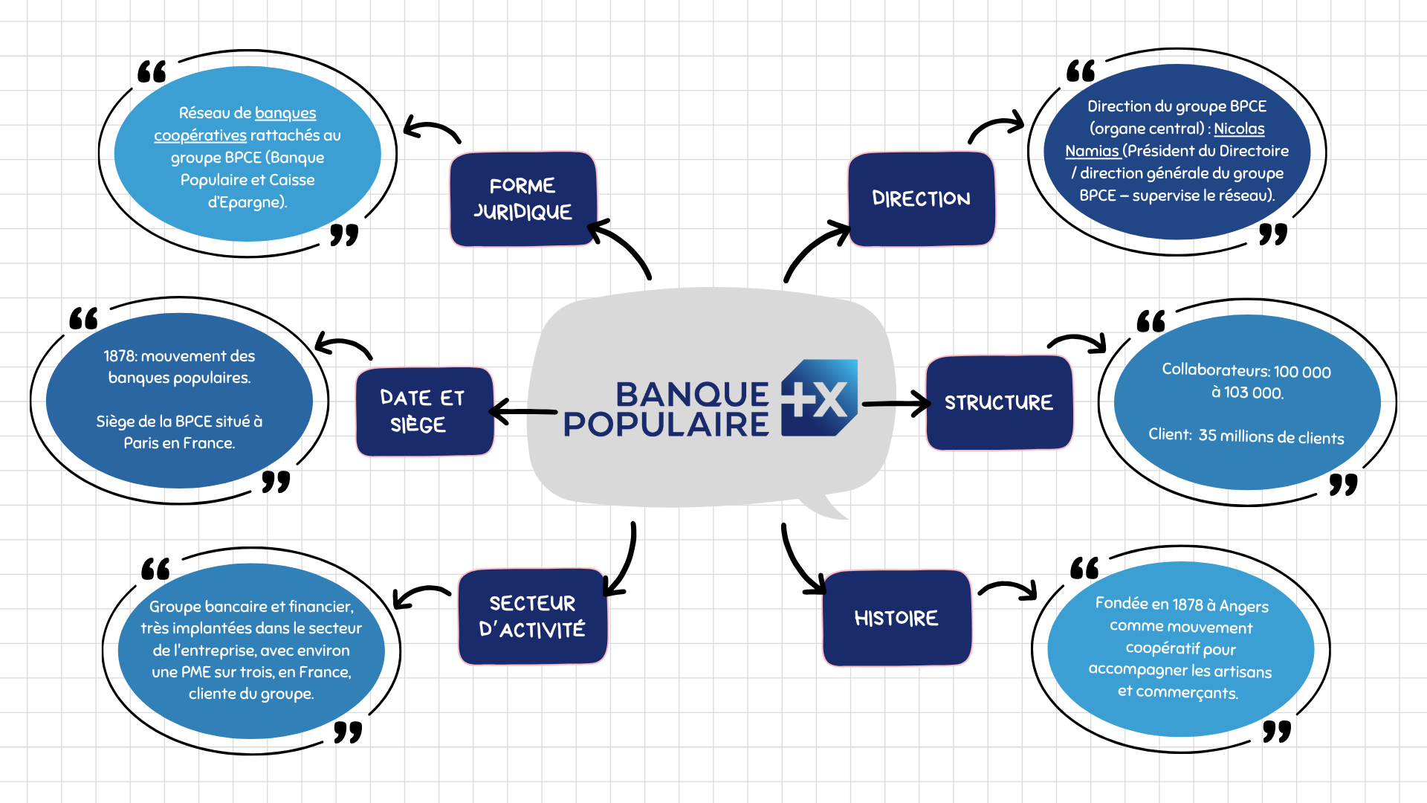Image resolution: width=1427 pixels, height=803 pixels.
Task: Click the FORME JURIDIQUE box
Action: point(523,199)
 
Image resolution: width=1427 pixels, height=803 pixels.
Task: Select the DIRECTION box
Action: point(921,199)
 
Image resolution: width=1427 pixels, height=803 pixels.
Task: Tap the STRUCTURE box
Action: point(999,403)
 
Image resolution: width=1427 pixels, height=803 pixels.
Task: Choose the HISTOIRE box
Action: point(896,618)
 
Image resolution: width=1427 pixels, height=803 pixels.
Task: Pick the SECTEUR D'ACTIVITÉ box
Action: point(532,616)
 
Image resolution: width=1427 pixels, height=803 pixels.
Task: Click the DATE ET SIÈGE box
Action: point(424,411)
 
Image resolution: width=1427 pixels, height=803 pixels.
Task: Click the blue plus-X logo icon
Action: point(819,399)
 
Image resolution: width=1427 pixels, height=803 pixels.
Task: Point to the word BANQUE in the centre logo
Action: point(692,394)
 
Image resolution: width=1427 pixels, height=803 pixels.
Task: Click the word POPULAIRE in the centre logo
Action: point(666,425)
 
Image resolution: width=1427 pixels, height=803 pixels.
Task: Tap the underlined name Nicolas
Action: point(1239,129)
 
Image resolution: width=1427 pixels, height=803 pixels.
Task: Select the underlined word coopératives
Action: point(200,135)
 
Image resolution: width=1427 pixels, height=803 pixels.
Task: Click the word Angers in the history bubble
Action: point(1244,607)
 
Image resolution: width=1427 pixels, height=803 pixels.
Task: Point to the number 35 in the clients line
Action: point(1208,435)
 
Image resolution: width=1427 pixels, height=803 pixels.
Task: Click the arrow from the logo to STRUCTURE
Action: point(896,404)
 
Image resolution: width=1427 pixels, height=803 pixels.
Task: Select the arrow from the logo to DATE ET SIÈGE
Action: point(522,411)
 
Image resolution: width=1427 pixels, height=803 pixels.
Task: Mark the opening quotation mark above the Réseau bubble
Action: point(152,72)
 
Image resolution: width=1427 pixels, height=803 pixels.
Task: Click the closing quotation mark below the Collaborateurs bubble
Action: point(1343,485)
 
